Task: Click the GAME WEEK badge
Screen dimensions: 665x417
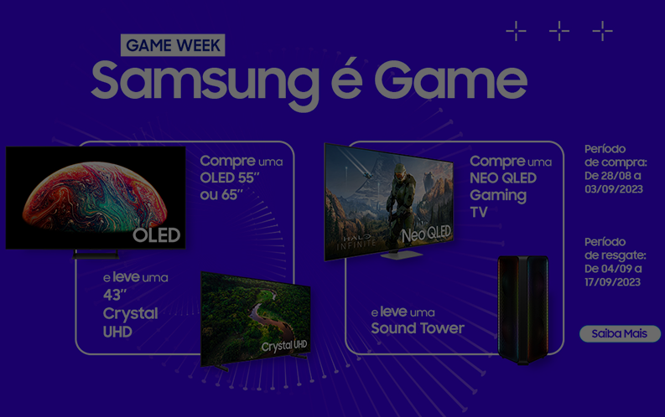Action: pyautogui.click(x=173, y=45)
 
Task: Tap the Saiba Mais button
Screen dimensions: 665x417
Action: pyautogui.click(x=620, y=333)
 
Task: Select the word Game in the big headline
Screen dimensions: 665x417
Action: pyautogui.click(x=450, y=80)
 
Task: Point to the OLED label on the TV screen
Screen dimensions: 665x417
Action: pyautogui.click(x=157, y=235)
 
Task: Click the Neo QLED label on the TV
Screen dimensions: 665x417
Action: pyautogui.click(x=426, y=234)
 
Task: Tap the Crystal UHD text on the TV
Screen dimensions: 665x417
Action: pyautogui.click(x=284, y=346)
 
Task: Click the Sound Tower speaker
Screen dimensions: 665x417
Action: pyautogui.click(x=523, y=310)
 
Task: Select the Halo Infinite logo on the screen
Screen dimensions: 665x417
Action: pyautogui.click(x=356, y=241)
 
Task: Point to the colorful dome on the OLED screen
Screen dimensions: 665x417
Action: pyautogui.click(x=95, y=196)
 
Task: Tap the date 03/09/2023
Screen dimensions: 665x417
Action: pyautogui.click(x=614, y=189)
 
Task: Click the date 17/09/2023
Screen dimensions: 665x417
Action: pyautogui.click(x=612, y=282)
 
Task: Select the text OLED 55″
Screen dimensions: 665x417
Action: pyautogui.click(x=230, y=178)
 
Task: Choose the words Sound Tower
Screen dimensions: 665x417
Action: pyautogui.click(x=418, y=328)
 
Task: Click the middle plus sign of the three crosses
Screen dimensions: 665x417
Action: pyautogui.click(x=559, y=31)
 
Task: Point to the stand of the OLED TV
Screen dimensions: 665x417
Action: pyautogui.click(x=96, y=255)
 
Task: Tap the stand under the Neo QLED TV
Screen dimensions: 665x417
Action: pyautogui.click(x=401, y=255)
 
